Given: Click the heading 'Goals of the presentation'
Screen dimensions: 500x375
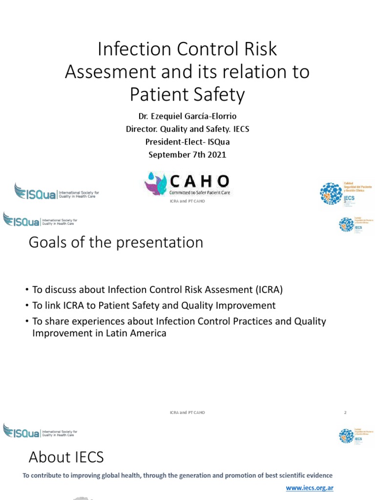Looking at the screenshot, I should tap(116, 243).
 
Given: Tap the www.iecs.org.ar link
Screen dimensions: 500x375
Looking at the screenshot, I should tap(309, 487).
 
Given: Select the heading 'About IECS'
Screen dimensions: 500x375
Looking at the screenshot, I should tap(66, 457).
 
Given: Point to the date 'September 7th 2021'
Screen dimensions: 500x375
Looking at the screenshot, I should tap(187, 155).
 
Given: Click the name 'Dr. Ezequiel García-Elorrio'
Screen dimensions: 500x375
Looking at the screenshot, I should tap(187, 117).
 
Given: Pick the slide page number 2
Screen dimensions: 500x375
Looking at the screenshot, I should tap(345, 413).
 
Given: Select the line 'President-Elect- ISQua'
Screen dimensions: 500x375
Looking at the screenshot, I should tap(187, 142).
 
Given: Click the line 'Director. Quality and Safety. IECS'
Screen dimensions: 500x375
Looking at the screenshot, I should tap(187, 129).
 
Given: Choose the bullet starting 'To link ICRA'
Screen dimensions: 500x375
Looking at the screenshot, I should tap(154, 306).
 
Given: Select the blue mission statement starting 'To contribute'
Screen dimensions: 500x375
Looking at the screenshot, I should tap(178, 476).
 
